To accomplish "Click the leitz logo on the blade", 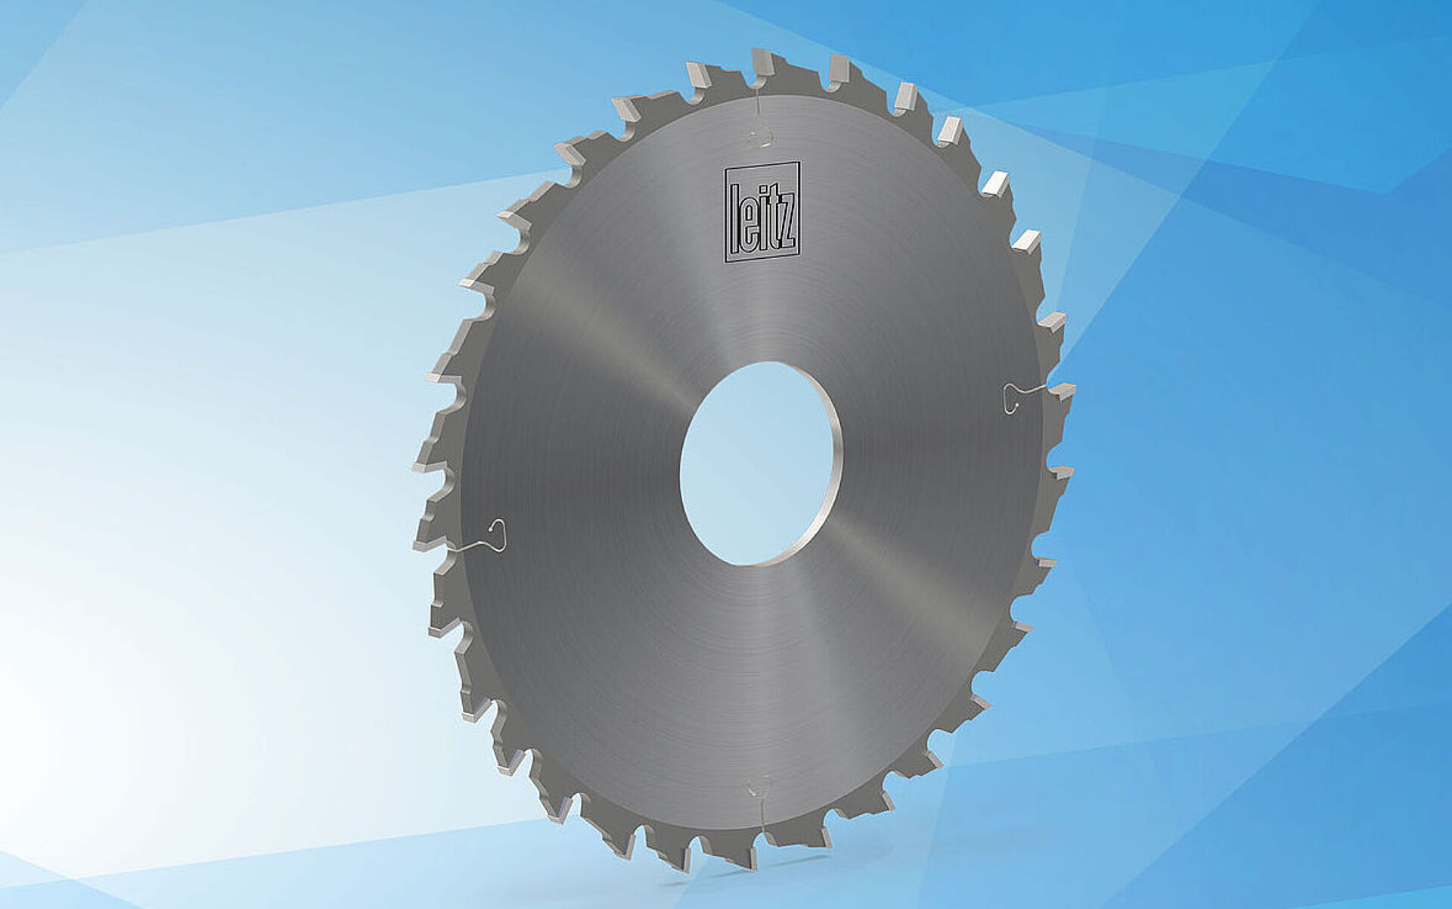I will (762, 212).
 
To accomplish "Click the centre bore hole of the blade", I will (759, 463).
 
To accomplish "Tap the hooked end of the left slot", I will (498, 527).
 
